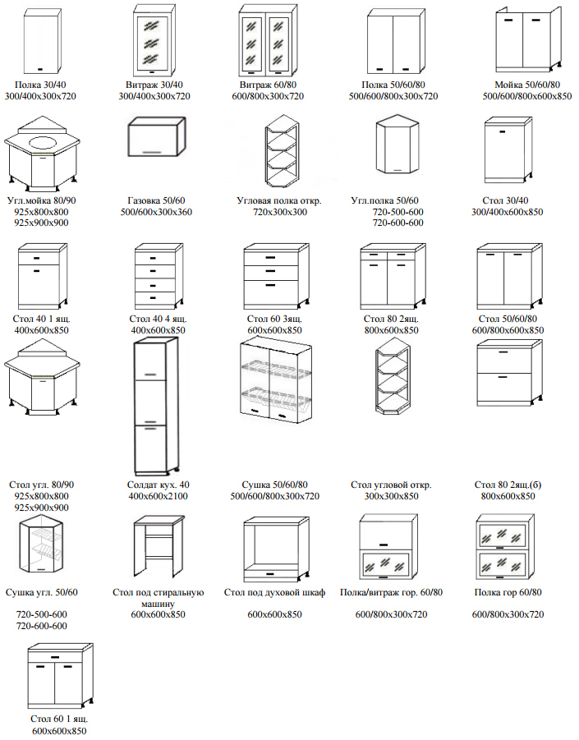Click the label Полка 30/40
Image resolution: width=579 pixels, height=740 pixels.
click(x=39, y=85)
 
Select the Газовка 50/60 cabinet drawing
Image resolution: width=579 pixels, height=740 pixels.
click(x=157, y=140)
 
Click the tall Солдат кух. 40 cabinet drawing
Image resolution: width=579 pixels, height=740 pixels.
click(x=154, y=403)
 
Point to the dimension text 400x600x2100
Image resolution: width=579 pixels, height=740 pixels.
click(x=159, y=496)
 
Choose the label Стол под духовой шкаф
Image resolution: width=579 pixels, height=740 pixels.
click(x=275, y=592)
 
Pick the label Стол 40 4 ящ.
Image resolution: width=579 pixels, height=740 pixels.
click(x=159, y=319)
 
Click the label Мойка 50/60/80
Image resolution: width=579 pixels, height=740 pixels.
click(x=527, y=85)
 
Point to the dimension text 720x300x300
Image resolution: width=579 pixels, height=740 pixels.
click(x=279, y=212)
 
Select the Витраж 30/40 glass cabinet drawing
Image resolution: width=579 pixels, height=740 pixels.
click(x=154, y=41)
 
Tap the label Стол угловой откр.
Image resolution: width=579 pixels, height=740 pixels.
click(x=391, y=485)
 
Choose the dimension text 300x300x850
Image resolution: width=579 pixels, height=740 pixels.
click(x=391, y=496)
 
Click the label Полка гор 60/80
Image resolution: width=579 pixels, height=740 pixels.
click(x=508, y=592)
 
